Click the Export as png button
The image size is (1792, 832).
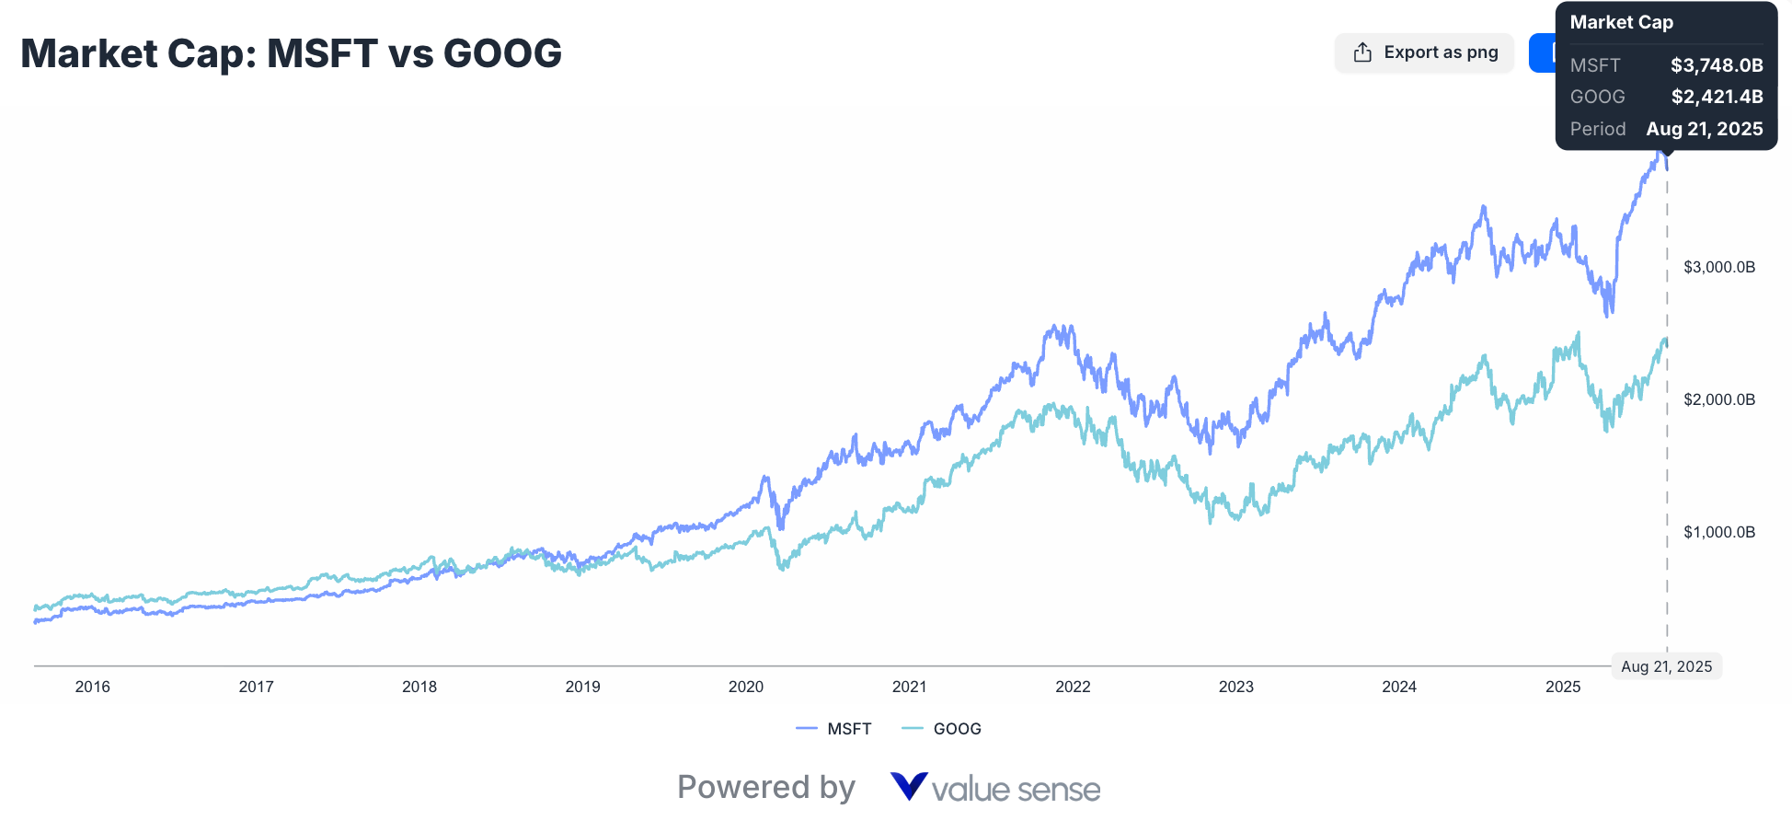[x=1424, y=52]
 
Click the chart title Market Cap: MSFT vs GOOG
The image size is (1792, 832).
[x=291, y=53]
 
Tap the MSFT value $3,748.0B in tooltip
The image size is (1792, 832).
[x=1717, y=65]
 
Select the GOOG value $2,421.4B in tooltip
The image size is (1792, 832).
[x=1717, y=97]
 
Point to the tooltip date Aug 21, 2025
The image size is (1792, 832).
[x=1704, y=129]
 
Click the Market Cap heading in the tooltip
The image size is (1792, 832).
[x=1621, y=23]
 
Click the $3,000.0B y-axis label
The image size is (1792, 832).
[x=1718, y=267]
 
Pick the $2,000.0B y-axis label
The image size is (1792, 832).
[x=1718, y=399]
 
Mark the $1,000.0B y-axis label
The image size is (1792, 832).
[x=1718, y=532]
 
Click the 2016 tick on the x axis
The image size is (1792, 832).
[x=92, y=687]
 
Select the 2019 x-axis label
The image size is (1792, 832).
[x=582, y=687]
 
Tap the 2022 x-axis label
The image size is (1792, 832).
[x=1073, y=687]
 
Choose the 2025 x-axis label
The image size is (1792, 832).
[x=1562, y=687]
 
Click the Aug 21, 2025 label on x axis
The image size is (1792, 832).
[x=1666, y=666]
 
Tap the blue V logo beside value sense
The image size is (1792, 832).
[x=908, y=787]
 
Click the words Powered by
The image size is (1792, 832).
[x=765, y=788]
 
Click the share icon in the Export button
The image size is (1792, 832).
[x=1362, y=52]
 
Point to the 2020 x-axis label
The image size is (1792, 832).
[x=746, y=687]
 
